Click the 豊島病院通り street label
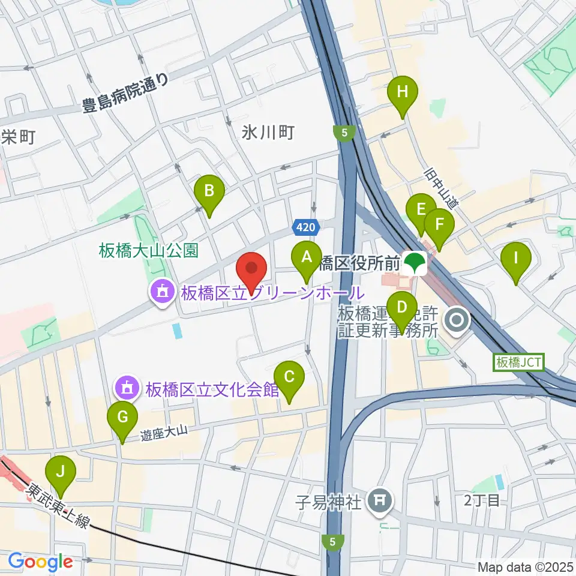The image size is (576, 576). [x=127, y=96]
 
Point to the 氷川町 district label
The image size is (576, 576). [x=268, y=133]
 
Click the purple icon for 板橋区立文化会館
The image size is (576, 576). [x=126, y=389]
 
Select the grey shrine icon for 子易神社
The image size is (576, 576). [x=380, y=499]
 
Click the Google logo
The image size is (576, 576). [x=40, y=562]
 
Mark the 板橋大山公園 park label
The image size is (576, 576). [x=148, y=250]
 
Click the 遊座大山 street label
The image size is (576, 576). [x=165, y=430]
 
